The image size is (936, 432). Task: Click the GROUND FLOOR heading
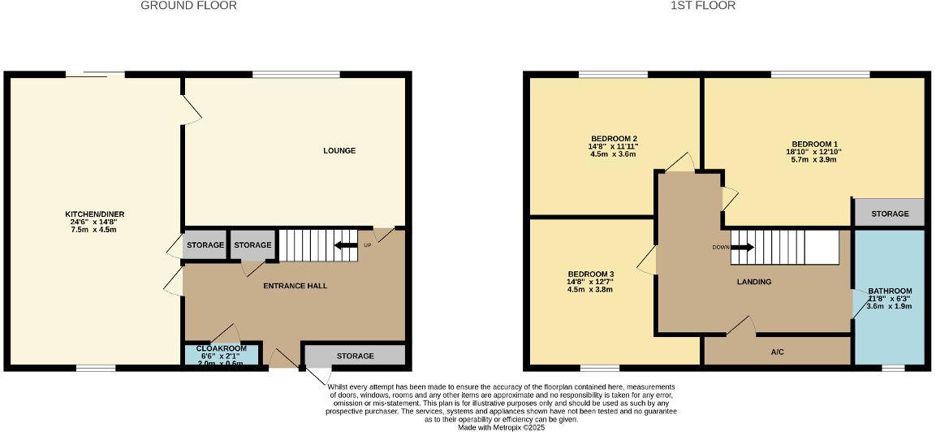tap(188, 6)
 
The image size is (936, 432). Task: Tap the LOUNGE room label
tap(339, 151)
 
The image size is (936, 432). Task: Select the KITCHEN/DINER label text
tap(95, 214)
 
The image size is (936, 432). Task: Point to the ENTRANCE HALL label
tap(295, 286)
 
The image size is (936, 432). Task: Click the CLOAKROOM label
tap(222, 348)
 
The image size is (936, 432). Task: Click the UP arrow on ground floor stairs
tap(347, 245)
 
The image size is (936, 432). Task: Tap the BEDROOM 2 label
tap(613, 138)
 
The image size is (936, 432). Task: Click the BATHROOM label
tap(890, 291)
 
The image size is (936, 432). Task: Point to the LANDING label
tap(753, 282)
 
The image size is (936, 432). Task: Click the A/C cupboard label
tap(777, 352)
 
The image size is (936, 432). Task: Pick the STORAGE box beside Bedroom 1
tap(890, 214)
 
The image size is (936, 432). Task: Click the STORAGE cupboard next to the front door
tap(355, 356)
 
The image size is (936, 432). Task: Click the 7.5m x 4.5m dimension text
tap(95, 230)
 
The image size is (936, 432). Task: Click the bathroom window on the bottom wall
tap(893, 368)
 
